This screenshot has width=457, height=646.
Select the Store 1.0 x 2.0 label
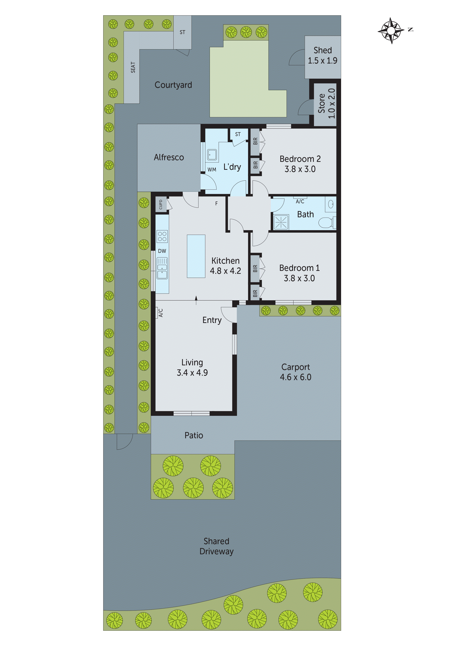(x=327, y=103)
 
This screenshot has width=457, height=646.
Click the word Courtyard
(x=173, y=85)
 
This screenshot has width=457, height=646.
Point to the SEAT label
(x=133, y=68)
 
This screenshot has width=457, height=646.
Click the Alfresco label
(x=169, y=157)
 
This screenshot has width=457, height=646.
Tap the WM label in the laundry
(x=212, y=169)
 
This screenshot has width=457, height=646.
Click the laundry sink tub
(x=212, y=155)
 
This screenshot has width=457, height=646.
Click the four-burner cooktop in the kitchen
(x=162, y=236)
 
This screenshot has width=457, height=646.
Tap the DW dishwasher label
(x=162, y=251)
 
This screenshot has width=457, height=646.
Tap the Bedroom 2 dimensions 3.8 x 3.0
(x=300, y=169)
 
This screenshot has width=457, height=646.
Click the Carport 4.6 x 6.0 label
(x=295, y=372)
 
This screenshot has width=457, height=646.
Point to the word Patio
(x=194, y=435)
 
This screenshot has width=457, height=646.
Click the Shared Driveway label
(x=216, y=546)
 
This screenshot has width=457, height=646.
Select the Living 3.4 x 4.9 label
(x=192, y=367)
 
